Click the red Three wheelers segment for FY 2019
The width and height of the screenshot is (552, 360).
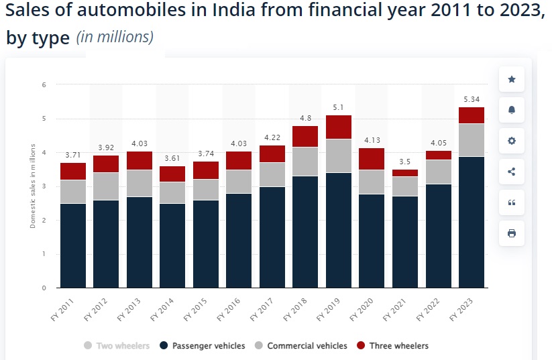pyautogui.click(x=339, y=127)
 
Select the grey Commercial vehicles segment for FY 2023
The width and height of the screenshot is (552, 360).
pyautogui.click(x=472, y=140)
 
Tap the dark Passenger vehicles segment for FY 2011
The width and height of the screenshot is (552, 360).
pyautogui.click(x=73, y=245)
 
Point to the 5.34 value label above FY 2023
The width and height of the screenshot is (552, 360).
pyautogui.click(x=472, y=100)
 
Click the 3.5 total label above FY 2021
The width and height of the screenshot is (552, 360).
pyautogui.click(x=405, y=162)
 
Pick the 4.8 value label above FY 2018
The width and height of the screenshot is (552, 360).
pyautogui.click(x=305, y=119)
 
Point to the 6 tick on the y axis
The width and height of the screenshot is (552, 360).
pyautogui.click(x=44, y=84)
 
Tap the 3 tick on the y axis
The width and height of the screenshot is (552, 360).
pyautogui.click(x=44, y=186)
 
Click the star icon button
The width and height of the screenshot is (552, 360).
pyautogui.click(x=512, y=79)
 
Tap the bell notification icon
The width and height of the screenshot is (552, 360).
pyautogui.click(x=512, y=110)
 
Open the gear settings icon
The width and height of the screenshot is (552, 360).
pyautogui.click(x=512, y=141)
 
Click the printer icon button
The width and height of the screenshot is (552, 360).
pyautogui.click(x=512, y=233)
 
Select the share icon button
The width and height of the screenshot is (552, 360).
pyautogui.click(x=512, y=172)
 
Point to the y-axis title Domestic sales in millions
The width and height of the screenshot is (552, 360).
pyautogui.click(x=32, y=186)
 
